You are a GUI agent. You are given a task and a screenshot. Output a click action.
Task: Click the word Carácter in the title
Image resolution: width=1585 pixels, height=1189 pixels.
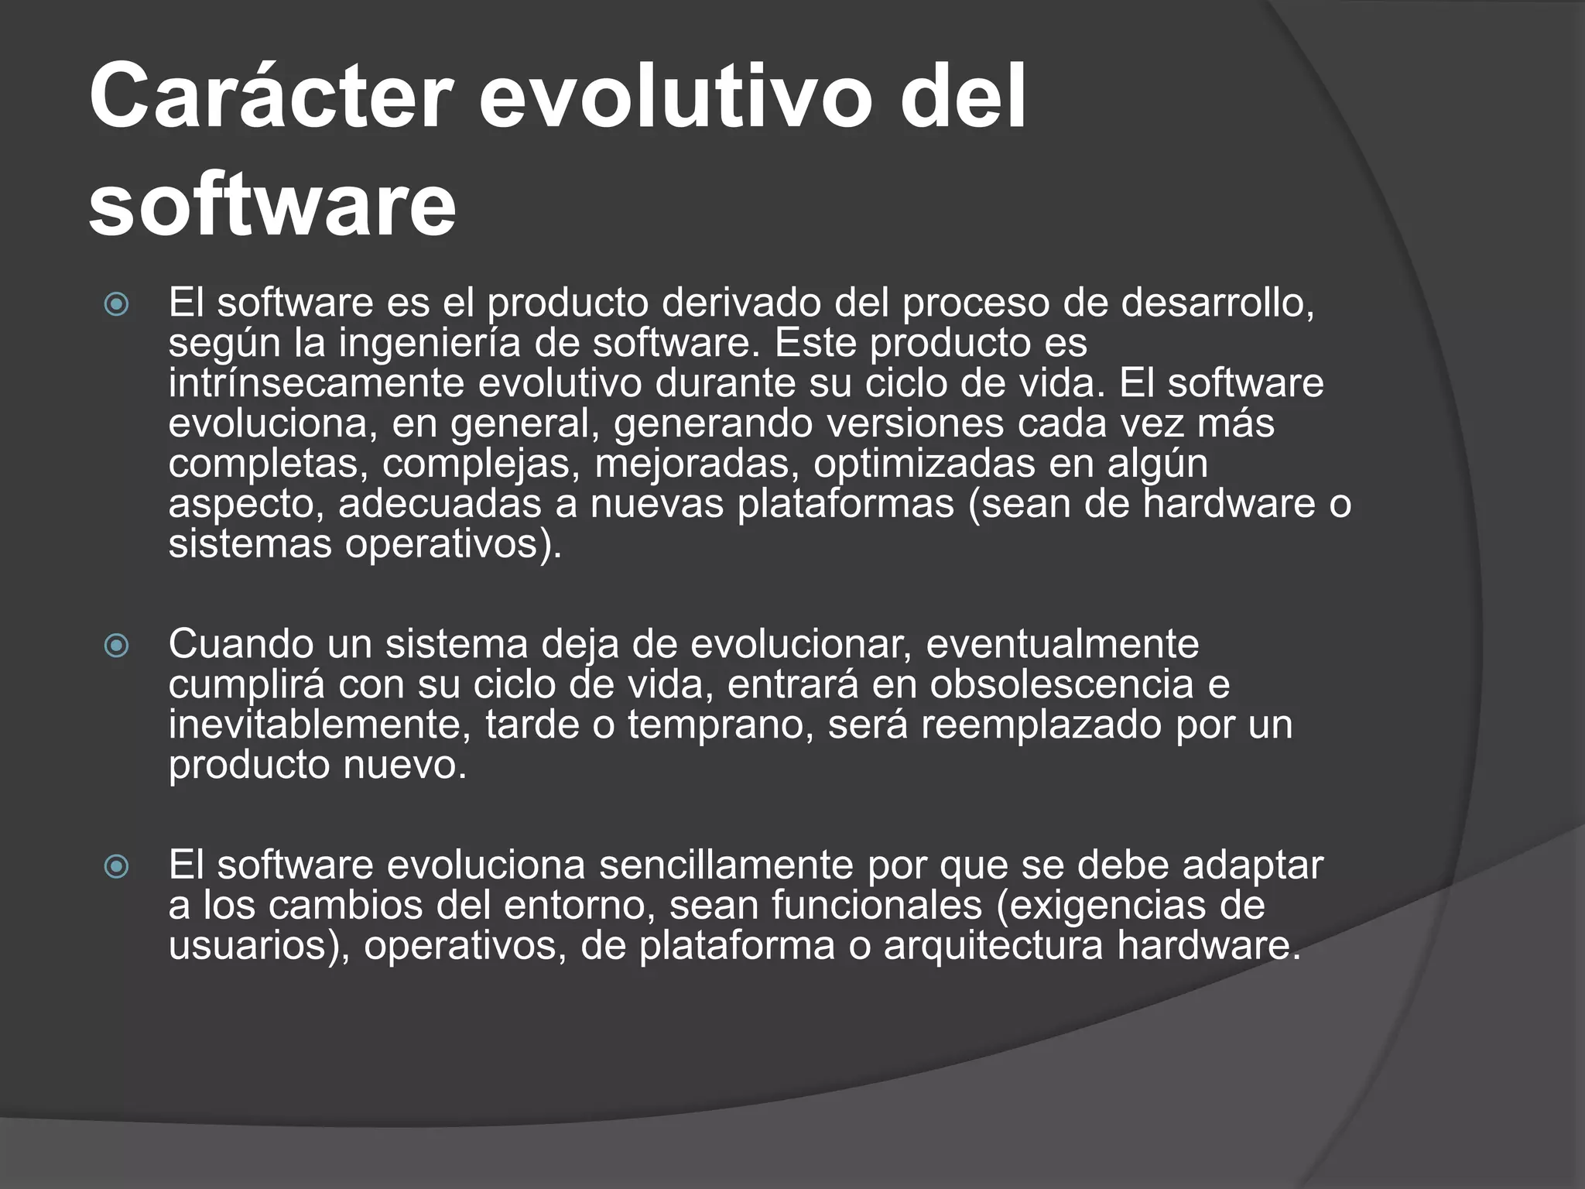[270, 98]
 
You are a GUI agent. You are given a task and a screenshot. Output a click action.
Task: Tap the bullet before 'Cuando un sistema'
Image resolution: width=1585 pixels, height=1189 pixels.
[117, 645]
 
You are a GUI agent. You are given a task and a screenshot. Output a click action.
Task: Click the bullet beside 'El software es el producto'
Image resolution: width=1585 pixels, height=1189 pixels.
[117, 304]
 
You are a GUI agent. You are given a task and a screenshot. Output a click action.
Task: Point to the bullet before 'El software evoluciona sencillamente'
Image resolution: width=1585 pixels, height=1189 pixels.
[117, 866]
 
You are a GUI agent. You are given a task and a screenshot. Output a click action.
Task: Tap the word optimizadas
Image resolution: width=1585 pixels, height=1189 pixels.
[924, 464]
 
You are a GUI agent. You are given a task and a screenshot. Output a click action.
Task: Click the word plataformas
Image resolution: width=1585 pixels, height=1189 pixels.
[846, 504]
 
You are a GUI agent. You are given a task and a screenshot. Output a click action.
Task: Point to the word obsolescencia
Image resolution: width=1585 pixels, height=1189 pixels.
[1061, 684]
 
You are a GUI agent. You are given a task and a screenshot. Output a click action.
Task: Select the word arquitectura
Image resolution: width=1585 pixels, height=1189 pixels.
[993, 945]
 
